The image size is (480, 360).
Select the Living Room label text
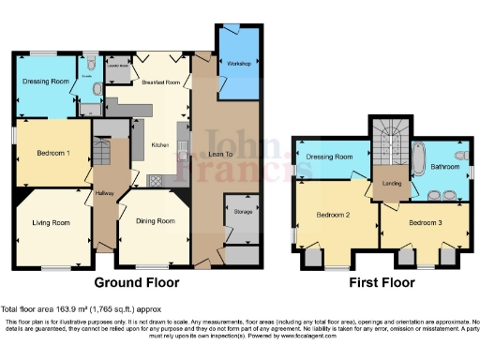point(52,222)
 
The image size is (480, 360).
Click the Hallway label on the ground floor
point(103,194)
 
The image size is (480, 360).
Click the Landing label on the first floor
point(392,184)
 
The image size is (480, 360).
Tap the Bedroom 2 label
point(333,214)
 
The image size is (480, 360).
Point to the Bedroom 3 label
point(425,222)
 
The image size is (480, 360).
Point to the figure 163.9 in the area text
point(67,309)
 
